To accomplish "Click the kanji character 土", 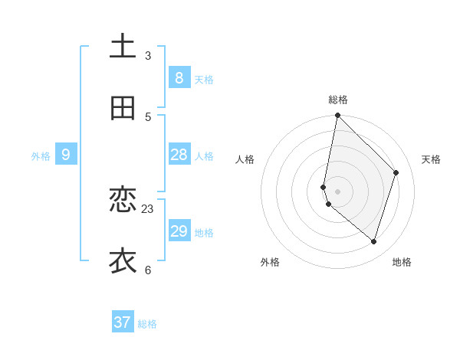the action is (123, 47).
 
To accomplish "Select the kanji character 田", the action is (123, 109).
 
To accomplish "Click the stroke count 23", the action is (148, 208).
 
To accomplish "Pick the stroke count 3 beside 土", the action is (148, 55).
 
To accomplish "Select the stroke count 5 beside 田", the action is (148, 116).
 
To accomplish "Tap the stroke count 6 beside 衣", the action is (148, 270).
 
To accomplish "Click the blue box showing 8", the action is (179, 77).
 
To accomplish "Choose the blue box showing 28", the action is (179, 155).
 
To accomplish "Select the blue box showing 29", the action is (179, 231).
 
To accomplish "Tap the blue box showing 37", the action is (123, 322).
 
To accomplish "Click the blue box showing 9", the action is (66, 155).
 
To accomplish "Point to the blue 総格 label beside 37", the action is (147, 324).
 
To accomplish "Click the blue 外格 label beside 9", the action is (41, 156).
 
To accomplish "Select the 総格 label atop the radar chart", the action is (338, 100).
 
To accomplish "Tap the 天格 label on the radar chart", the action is (431, 159).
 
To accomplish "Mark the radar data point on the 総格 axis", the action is (337, 115).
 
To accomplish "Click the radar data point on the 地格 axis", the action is (373, 241).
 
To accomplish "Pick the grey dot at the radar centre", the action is (337, 191).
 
